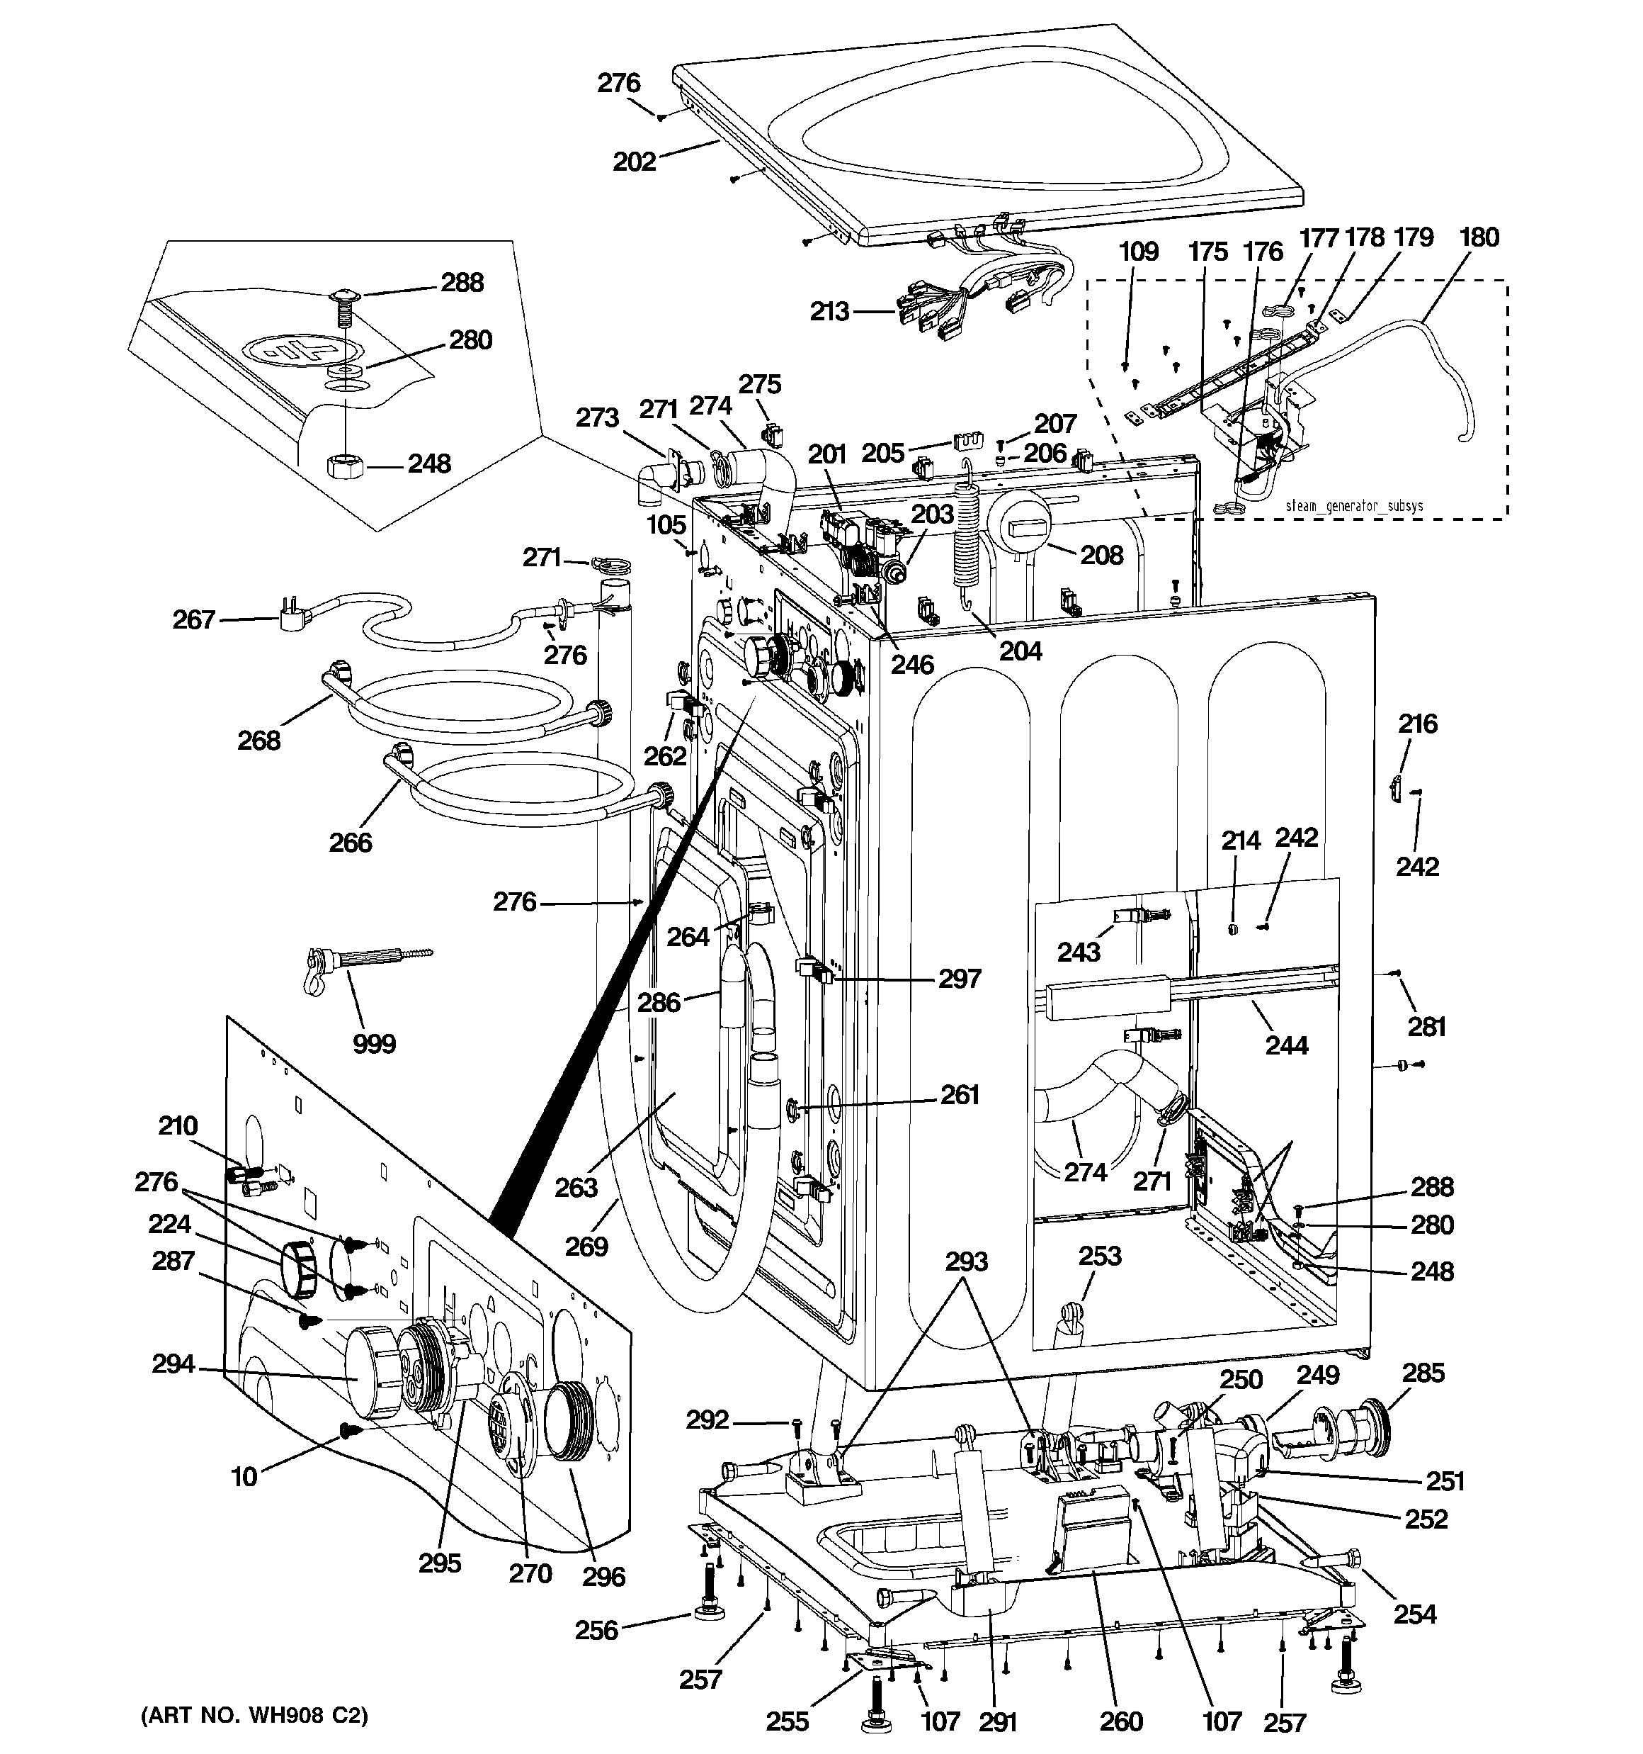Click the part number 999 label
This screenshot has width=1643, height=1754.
(x=374, y=1044)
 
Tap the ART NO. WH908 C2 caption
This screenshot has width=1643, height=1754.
(x=254, y=1715)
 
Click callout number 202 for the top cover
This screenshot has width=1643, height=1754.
(x=634, y=162)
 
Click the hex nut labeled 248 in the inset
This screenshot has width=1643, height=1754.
(x=339, y=464)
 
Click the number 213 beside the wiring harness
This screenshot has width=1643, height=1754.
(x=829, y=310)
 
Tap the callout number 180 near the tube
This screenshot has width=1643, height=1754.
(x=1479, y=237)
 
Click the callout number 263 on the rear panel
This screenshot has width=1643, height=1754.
(x=576, y=1188)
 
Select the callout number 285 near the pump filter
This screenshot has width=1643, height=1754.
(x=1423, y=1373)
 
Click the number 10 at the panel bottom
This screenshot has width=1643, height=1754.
(x=244, y=1476)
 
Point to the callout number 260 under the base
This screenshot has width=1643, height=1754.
(x=1121, y=1721)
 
